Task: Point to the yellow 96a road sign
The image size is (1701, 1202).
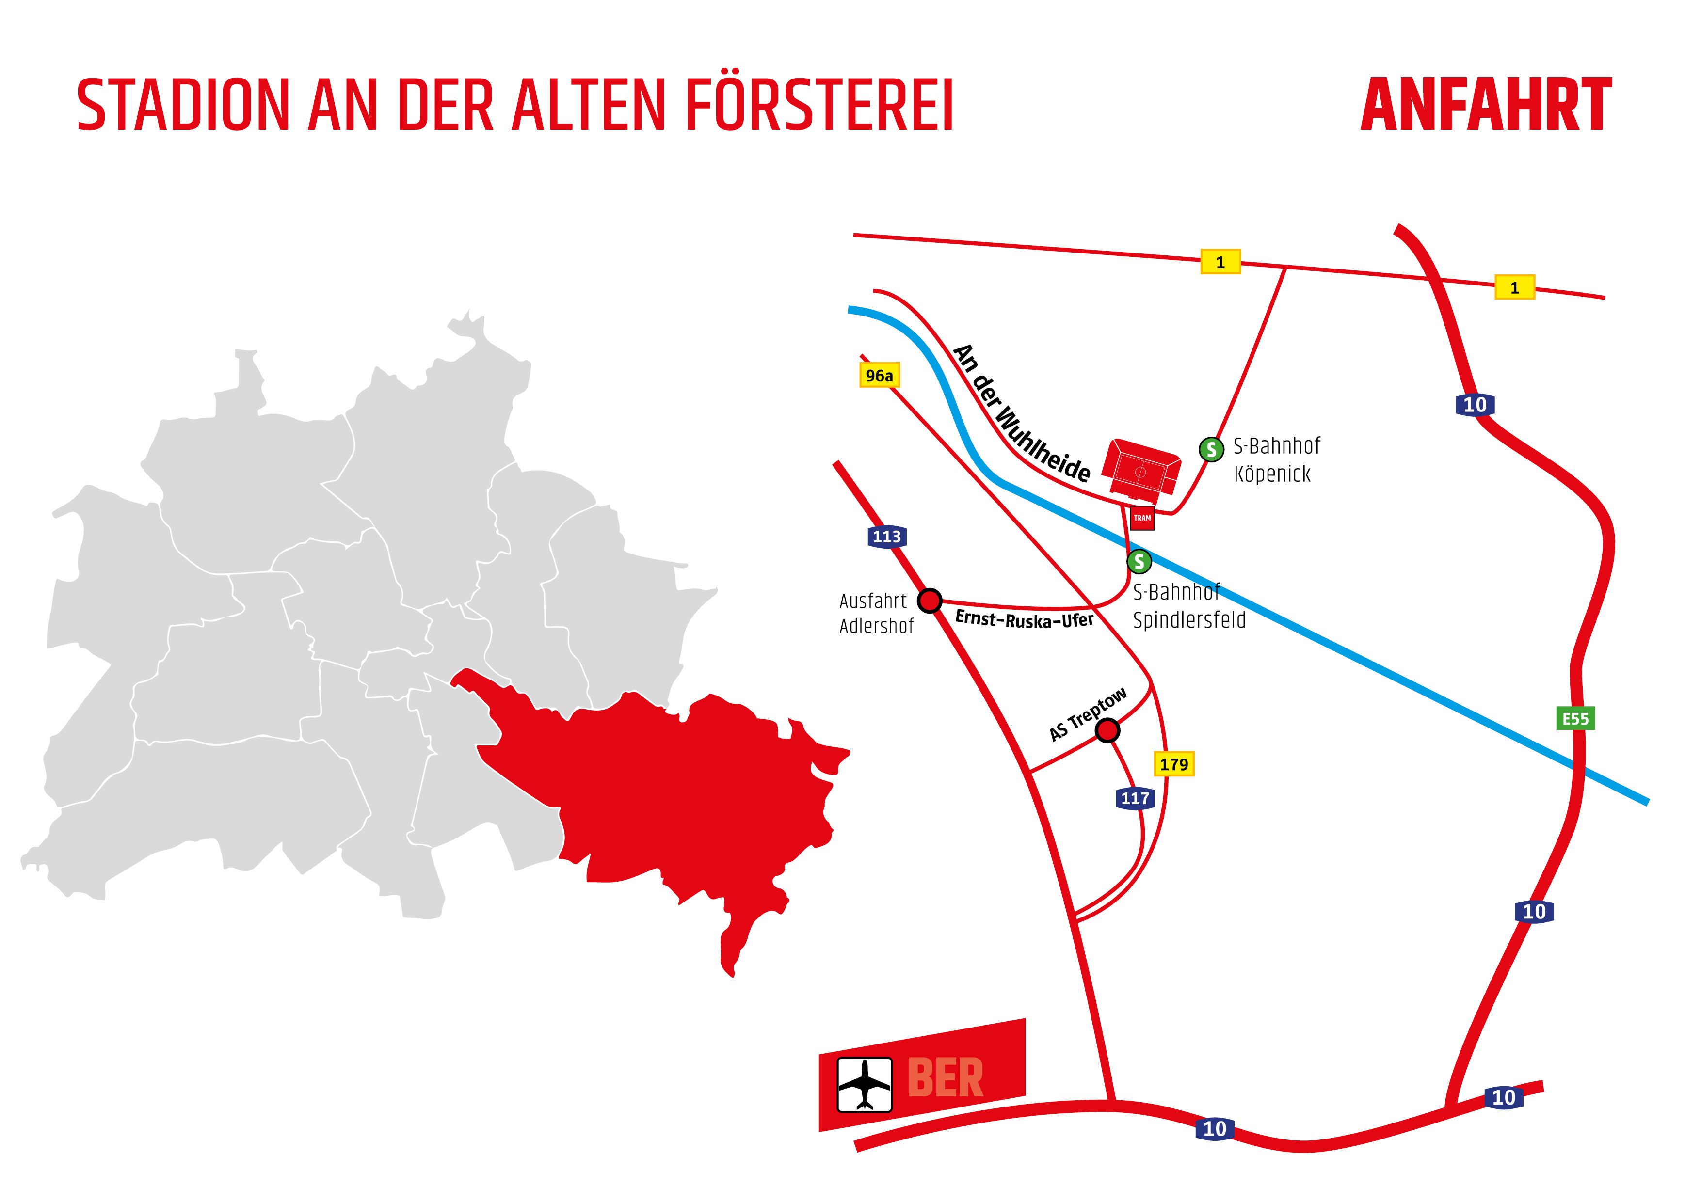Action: tap(880, 376)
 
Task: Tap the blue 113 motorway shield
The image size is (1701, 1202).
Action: tap(887, 536)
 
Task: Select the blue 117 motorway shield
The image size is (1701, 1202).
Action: tap(1134, 798)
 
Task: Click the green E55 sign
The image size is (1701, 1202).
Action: tap(1575, 718)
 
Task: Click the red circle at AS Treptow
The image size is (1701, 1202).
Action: tap(1107, 730)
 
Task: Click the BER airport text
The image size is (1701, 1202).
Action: tap(946, 1078)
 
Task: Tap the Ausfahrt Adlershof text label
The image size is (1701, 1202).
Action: tap(876, 613)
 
